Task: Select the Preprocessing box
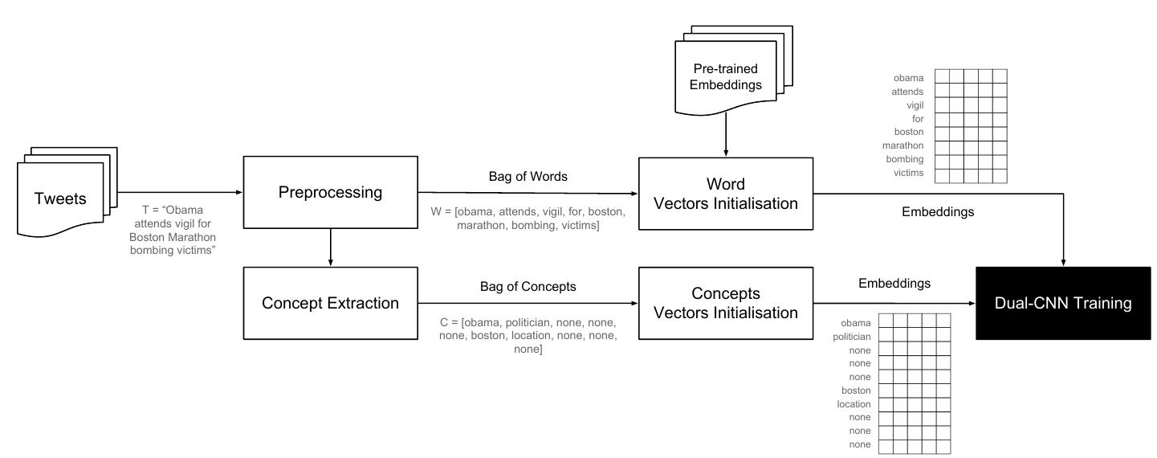pyautogui.click(x=330, y=193)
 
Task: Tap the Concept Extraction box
pyautogui.click(x=330, y=303)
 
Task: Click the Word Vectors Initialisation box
pyautogui.click(x=725, y=193)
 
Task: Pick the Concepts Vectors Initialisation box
pyautogui.click(x=725, y=303)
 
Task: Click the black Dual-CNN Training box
pyautogui.click(x=1064, y=303)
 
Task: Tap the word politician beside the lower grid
pyautogui.click(x=852, y=336)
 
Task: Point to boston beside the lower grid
pyautogui.click(x=856, y=391)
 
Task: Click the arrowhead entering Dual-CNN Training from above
pyautogui.click(x=1064, y=260)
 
